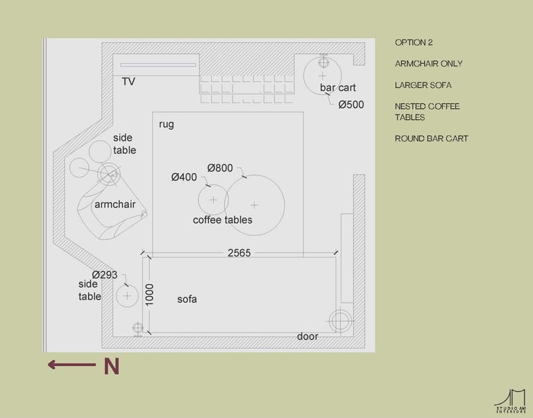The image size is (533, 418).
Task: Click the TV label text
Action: [x=128, y=82]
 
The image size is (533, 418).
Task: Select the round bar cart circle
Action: [x=323, y=73]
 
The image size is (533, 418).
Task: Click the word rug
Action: [x=166, y=124]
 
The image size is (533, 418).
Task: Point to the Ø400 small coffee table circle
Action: [x=213, y=200]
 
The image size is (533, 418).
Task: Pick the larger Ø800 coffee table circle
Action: [x=255, y=204]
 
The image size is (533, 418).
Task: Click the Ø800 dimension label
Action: [x=220, y=168]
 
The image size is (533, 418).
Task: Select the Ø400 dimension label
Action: [x=184, y=177]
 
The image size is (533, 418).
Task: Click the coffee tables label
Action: [x=222, y=220]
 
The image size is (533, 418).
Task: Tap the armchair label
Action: [x=115, y=204]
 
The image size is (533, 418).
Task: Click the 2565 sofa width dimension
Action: [x=239, y=253]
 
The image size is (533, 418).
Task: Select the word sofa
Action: [x=187, y=299]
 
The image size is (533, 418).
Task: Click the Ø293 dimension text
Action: [x=105, y=275]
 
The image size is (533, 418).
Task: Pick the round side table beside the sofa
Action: [x=126, y=296]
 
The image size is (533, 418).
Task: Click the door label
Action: [x=307, y=336]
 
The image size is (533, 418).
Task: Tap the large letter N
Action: [x=111, y=367]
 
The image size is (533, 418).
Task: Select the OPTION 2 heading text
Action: [x=414, y=42]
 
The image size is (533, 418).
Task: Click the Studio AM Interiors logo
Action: [x=510, y=401]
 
